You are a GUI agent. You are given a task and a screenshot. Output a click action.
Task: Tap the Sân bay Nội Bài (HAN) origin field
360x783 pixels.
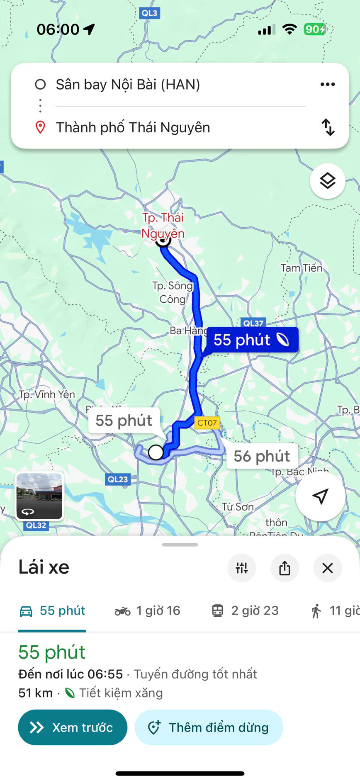(128, 85)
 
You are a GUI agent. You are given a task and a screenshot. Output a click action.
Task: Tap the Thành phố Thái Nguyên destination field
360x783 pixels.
(133, 127)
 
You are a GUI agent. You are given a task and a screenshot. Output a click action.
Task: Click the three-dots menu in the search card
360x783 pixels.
(327, 85)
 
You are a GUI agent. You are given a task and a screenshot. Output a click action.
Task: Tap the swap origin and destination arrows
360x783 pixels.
(328, 127)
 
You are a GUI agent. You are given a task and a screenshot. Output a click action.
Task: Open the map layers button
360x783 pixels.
(327, 181)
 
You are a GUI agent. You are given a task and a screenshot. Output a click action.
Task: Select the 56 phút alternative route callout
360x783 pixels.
(262, 456)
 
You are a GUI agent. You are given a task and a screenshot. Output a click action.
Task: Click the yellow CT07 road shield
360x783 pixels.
(207, 423)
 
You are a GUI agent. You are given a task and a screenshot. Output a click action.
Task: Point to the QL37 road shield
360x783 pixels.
(253, 323)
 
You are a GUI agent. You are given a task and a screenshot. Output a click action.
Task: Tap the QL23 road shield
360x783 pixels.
(118, 479)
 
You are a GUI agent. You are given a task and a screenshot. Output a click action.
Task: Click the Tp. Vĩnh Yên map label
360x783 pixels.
(47, 394)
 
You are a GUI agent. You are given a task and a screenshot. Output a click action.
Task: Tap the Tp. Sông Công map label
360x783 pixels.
(173, 292)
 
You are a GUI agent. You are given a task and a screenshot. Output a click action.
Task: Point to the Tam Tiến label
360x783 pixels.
(302, 268)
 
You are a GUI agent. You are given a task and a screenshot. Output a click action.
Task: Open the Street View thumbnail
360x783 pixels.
(39, 496)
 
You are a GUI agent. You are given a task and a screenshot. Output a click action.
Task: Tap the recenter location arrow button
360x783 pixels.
(320, 496)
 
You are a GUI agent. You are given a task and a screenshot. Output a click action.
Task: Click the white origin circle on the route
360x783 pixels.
(156, 452)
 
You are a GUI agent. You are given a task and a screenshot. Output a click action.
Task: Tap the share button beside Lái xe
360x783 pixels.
(285, 568)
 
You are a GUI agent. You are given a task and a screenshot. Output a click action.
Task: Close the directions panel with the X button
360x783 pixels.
(328, 568)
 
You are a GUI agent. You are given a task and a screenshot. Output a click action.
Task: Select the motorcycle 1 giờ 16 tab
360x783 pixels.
(147, 610)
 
